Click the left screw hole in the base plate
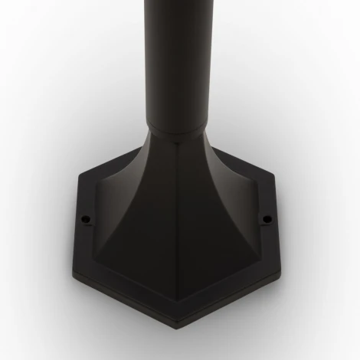coord(87,217)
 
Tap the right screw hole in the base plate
coord(267,220)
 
